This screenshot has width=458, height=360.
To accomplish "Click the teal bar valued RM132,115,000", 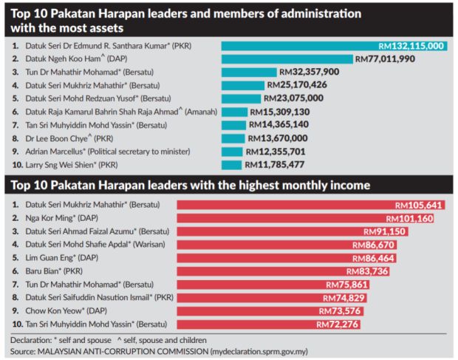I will (295, 46).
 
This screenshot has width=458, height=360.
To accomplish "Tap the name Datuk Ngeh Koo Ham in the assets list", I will (70, 59).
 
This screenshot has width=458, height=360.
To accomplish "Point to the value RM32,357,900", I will (309, 72).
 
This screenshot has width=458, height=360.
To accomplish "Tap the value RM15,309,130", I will (278, 112).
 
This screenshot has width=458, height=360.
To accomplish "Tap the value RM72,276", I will (338, 324).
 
